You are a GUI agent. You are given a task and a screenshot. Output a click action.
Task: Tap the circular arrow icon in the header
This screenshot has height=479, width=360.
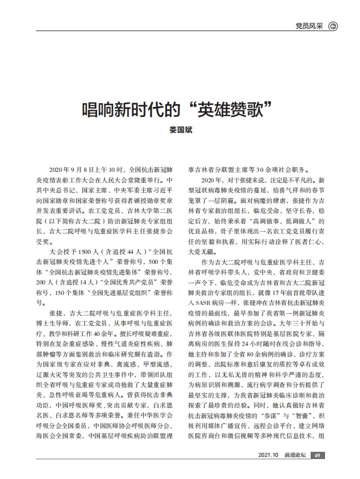[333, 26]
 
